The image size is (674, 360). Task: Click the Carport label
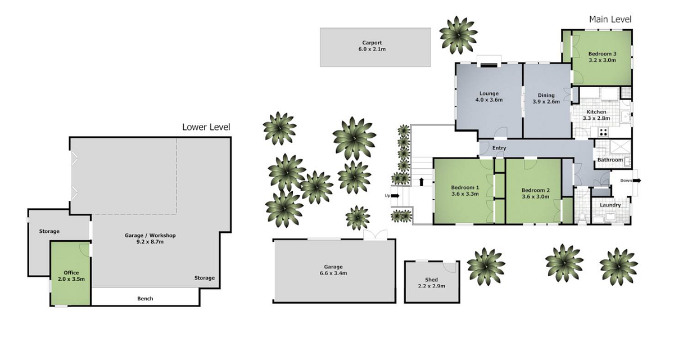[x=372, y=43]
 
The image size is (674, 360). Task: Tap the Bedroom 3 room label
[x=602, y=54]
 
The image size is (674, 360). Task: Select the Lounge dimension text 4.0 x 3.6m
[x=489, y=100]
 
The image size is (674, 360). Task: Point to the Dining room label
[x=546, y=96]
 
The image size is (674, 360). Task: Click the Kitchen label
[x=596, y=112]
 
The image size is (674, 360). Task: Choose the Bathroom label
[x=610, y=160]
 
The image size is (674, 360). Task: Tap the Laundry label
[x=610, y=205]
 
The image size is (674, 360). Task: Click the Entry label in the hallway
[x=499, y=148]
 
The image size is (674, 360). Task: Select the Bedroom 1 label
[x=465, y=187]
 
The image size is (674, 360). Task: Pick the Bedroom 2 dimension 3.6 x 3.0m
[x=536, y=196]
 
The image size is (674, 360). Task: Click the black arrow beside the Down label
[x=636, y=181]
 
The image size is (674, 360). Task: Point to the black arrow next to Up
[x=395, y=196]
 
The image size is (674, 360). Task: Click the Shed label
[x=432, y=280]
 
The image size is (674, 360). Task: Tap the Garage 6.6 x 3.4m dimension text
[x=333, y=273]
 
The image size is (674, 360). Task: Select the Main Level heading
[x=610, y=19]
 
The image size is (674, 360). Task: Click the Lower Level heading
[x=206, y=127]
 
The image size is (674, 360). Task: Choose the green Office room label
[x=71, y=273]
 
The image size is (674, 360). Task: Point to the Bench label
[x=145, y=299]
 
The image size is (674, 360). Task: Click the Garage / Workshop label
[x=150, y=235]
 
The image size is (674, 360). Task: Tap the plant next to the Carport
[x=458, y=35]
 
